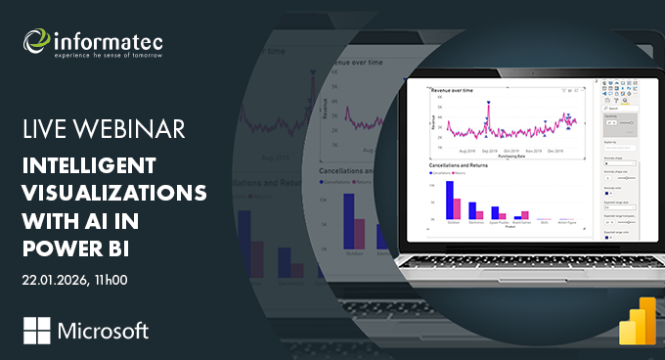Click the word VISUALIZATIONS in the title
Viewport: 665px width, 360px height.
[x=114, y=190]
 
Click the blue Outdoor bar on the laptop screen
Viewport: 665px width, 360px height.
[x=450, y=199]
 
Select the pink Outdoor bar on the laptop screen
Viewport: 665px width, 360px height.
[x=457, y=207]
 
